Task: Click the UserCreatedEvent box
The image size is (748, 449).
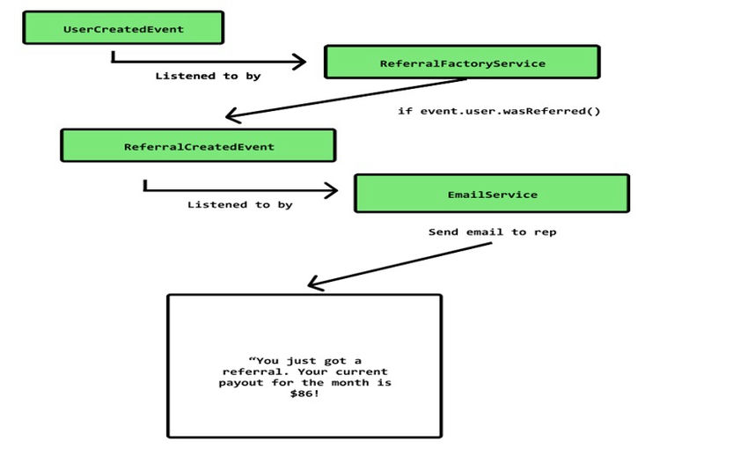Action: point(123,29)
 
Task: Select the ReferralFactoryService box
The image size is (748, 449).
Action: point(462,63)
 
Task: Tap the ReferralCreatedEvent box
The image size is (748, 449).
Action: point(198,146)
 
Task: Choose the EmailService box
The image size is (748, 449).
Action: point(492,194)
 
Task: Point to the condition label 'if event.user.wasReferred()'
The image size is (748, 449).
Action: point(499,112)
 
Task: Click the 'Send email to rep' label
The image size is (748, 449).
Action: point(492,232)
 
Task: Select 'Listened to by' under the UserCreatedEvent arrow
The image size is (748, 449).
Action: point(208,77)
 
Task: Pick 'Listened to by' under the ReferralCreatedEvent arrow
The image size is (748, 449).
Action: point(239,205)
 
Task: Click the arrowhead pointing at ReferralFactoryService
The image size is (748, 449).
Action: point(299,62)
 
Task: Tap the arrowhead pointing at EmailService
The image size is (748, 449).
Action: point(331,191)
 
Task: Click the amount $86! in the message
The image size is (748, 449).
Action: point(304,395)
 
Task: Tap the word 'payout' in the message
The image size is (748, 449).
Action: point(240,384)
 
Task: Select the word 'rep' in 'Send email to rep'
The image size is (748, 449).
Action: point(545,232)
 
